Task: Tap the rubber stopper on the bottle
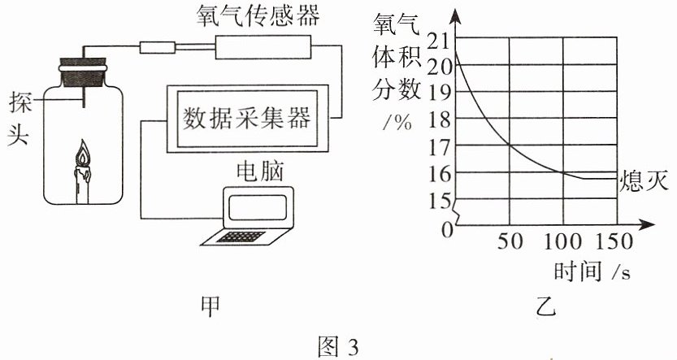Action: coord(82,72)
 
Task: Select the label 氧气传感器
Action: coord(258,16)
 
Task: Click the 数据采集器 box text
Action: coord(247,118)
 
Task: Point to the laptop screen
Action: coord(258,207)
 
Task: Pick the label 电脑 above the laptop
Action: coord(260,171)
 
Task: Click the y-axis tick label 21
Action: coord(439,41)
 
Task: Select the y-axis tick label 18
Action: coord(439,120)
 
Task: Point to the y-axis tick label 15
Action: coord(439,202)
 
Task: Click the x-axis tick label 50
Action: coord(510,241)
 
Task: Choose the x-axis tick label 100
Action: coord(562,241)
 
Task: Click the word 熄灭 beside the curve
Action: coord(644,180)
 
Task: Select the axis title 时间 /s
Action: coord(592,272)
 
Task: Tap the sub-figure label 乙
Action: coord(546,307)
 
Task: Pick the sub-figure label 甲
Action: coord(210,306)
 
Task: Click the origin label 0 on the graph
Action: coord(447,231)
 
